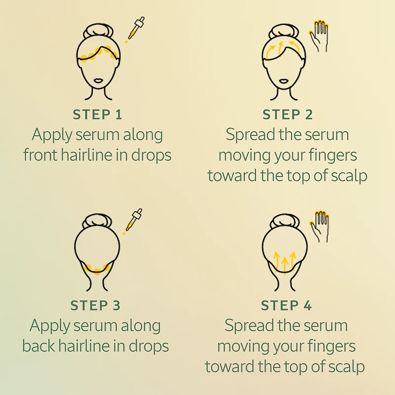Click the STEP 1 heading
click(97, 115)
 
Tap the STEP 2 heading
click(287, 115)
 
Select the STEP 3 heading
click(95, 306)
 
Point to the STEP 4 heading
click(286, 306)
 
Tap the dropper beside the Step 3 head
click(133, 221)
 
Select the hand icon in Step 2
click(318, 36)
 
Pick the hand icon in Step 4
click(319, 227)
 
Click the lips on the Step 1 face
click(98, 80)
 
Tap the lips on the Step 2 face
click(284, 80)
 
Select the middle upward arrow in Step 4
click(285, 264)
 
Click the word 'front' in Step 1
click(40, 155)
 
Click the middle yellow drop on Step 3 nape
click(97, 272)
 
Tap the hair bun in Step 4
click(285, 222)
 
